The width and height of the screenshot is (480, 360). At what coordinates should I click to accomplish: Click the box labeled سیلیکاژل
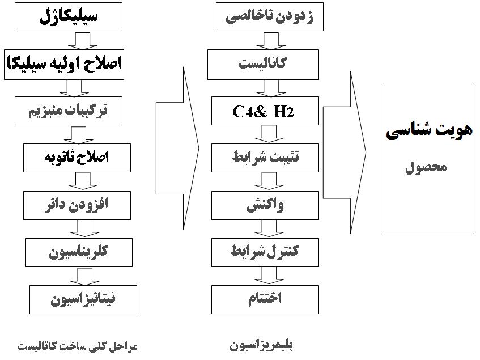69,17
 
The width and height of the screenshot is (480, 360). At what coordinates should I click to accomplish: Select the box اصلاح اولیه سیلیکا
64,65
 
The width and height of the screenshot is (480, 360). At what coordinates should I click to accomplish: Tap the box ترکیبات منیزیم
69,111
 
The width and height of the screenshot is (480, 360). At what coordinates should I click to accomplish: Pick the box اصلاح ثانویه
77,158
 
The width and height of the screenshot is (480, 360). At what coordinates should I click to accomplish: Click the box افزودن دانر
77,205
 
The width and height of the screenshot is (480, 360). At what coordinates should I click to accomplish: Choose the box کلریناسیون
79,252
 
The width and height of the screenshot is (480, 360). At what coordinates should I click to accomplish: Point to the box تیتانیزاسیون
83,300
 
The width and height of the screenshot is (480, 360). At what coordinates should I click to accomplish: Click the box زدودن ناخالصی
270,17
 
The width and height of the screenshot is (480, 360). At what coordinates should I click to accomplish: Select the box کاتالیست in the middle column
264,65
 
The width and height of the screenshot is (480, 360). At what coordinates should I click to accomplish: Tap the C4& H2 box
265,111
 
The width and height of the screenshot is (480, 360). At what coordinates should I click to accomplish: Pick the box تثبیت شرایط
265,158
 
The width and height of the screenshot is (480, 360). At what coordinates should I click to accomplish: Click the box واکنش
265,205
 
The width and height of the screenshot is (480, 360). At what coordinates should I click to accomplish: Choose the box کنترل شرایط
265,252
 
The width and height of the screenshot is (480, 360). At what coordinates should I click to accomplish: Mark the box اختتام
265,300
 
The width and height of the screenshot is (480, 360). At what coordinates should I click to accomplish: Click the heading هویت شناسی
429,131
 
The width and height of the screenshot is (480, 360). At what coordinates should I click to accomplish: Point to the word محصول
426,168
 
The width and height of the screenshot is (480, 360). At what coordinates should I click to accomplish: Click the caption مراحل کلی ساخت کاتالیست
78,346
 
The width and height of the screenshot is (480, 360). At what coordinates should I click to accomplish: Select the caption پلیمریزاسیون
261,346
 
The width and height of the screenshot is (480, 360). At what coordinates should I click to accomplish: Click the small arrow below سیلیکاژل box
83,41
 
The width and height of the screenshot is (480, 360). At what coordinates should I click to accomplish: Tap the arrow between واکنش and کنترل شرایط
269,228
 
